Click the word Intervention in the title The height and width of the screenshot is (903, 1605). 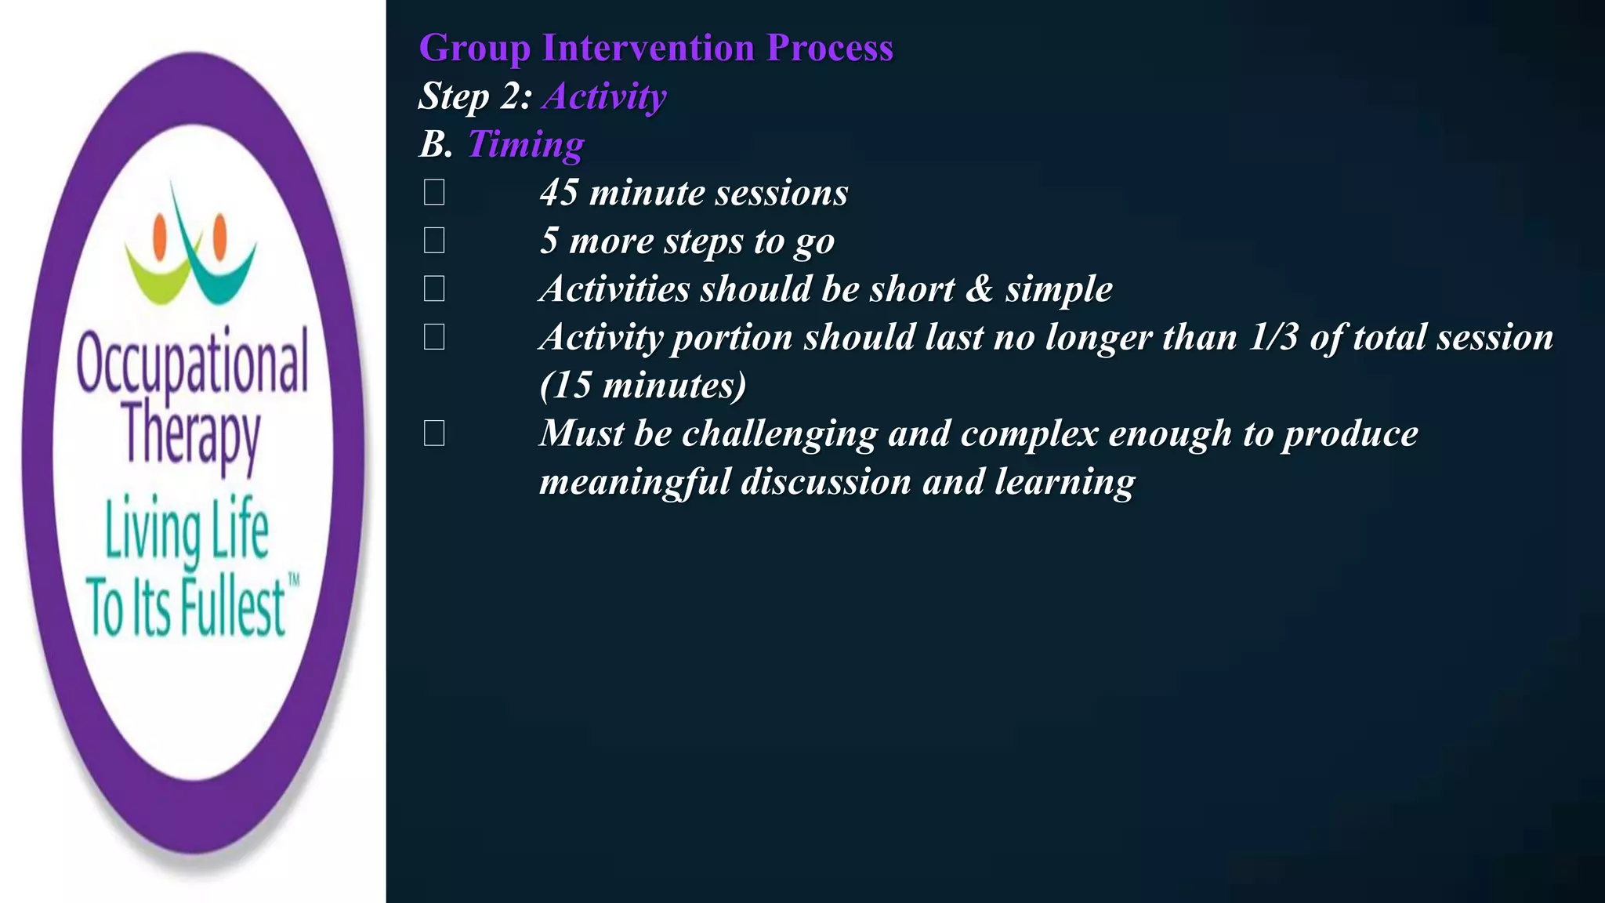coord(648,48)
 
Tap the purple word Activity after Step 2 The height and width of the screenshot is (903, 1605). coord(604,96)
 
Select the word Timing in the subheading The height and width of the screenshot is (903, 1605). coord(525,144)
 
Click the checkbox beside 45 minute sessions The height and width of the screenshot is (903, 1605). coord(434,193)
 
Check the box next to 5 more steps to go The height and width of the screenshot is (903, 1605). coord(434,241)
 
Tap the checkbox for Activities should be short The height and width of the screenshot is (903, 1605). coord(434,289)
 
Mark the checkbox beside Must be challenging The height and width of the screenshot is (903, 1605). coord(434,433)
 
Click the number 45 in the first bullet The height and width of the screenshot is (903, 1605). coord(559,193)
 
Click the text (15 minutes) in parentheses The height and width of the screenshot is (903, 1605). coord(643,386)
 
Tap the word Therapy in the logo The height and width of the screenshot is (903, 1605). coord(193,435)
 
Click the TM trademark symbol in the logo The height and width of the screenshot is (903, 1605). coord(294,580)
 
